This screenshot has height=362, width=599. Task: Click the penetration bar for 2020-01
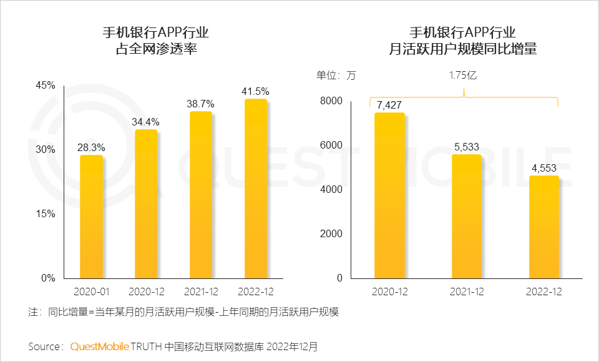[x=91, y=217]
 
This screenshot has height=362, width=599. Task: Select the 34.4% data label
[x=145, y=121]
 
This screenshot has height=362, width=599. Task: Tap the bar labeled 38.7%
[x=200, y=195]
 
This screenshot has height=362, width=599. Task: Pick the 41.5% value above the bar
[x=255, y=91]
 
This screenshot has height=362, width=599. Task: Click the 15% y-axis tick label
[x=45, y=213]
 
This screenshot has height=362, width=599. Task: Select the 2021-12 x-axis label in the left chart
[x=200, y=291]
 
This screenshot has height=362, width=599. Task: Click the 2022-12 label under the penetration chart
[x=255, y=291]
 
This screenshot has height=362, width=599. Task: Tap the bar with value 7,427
[x=389, y=195]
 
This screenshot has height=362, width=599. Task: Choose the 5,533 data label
[x=466, y=147]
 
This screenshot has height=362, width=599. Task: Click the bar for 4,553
[x=543, y=227]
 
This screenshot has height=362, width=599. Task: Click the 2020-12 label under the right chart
[x=389, y=291]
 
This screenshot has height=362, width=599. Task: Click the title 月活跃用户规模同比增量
[x=462, y=49]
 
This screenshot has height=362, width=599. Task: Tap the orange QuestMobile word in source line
[x=100, y=346]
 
